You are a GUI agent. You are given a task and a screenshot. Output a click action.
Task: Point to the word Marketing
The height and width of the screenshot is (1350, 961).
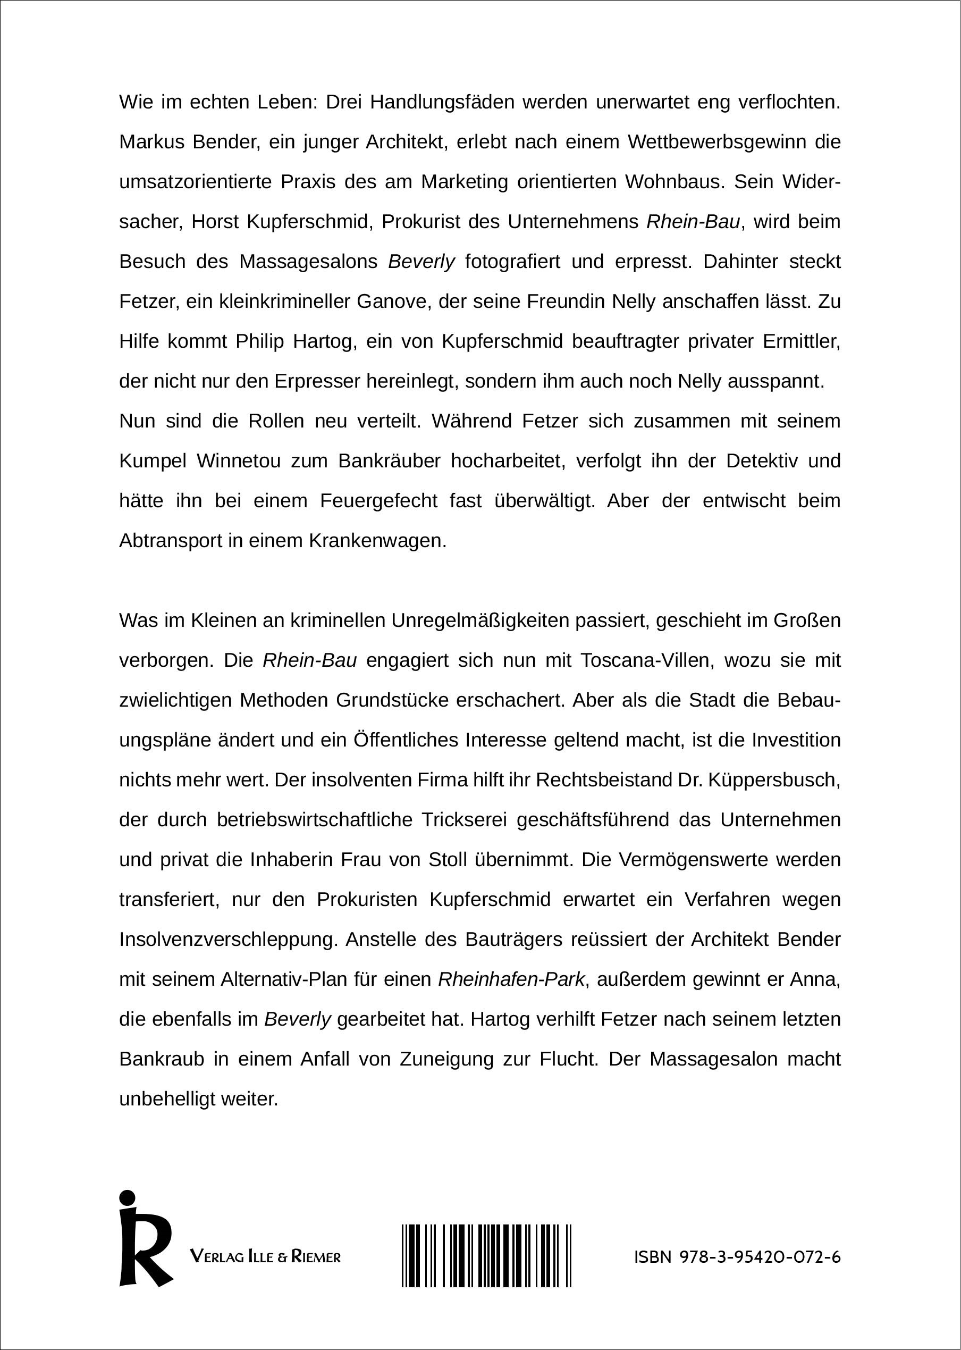coord(464,182)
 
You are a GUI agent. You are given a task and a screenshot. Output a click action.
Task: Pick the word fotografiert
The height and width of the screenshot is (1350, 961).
coord(512,262)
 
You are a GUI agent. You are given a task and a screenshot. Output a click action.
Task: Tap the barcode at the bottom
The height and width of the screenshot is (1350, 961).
coord(486,1255)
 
